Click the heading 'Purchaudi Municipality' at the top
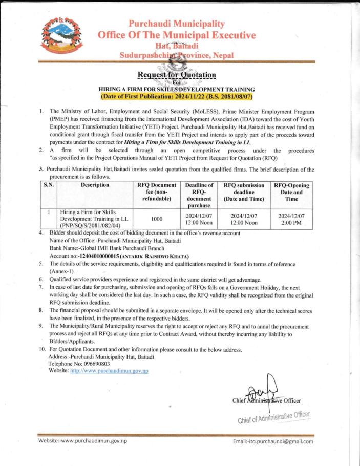pyautogui.click(x=177, y=24)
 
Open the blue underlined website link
pyautogui.click(x=109, y=370)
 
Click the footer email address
pyautogui.click(x=272, y=441)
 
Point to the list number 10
pyautogui.click(x=43, y=349)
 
